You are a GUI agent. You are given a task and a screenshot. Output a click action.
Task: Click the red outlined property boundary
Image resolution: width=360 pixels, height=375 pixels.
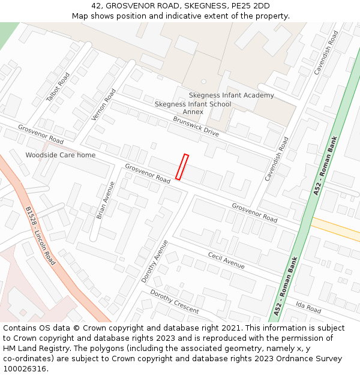(x=182, y=167)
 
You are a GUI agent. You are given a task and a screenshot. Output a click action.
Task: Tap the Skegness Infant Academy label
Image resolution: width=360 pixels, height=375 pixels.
(x=231, y=95)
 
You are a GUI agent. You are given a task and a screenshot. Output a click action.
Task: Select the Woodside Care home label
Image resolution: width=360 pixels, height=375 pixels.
(x=60, y=155)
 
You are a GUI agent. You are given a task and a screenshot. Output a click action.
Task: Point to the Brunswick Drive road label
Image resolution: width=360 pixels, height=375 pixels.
(x=196, y=127)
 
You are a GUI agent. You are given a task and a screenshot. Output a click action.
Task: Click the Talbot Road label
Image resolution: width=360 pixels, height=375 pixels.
(x=58, y=86)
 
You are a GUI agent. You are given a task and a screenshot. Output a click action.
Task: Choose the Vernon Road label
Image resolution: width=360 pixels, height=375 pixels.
(x=103, y=104)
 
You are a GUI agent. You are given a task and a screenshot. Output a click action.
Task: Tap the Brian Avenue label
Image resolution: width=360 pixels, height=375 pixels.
(x=105, y=200)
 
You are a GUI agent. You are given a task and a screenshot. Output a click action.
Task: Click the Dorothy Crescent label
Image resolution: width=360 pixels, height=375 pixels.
(x=174, y=301)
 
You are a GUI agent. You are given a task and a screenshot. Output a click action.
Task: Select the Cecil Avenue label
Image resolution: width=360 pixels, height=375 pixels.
(x=226, y=259)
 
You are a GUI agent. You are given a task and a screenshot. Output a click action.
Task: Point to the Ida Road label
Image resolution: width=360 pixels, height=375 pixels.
(x=308, y=308)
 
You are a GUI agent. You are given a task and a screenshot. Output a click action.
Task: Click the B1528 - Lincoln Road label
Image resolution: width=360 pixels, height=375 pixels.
(x=40, y=236)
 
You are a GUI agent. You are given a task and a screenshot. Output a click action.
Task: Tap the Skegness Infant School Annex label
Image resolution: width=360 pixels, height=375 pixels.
(x=193, y=107)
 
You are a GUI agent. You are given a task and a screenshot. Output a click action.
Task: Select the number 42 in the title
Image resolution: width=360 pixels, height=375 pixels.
(x=97, y=6)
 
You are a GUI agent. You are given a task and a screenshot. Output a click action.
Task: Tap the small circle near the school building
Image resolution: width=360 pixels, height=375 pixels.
(x=203, y=82)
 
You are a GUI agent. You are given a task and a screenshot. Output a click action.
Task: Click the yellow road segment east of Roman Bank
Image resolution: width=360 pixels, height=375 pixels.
(x=336, y=229)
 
